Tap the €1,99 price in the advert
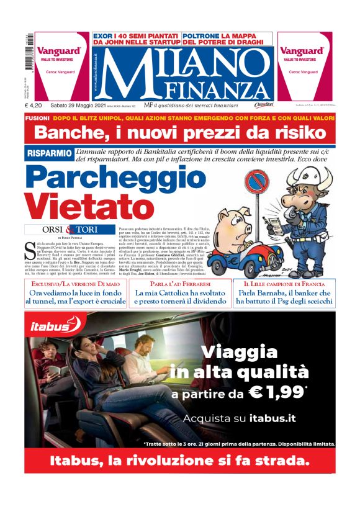click(281, 392)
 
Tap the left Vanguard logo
click(58, 52)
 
